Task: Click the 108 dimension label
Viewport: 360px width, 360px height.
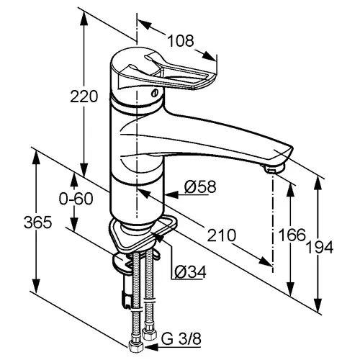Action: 181,41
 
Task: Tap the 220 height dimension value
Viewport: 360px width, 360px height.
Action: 84,96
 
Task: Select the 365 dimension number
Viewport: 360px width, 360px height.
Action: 37,222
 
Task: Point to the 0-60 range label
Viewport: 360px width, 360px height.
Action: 76,199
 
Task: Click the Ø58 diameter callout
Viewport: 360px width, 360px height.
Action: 200,186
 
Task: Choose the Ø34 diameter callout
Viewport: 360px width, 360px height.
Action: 190,272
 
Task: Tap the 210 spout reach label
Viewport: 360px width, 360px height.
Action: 222,235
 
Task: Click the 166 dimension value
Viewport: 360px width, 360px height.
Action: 292,235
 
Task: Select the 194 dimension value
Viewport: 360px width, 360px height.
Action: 320,247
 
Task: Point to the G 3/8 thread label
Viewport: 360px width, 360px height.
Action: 181,339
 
